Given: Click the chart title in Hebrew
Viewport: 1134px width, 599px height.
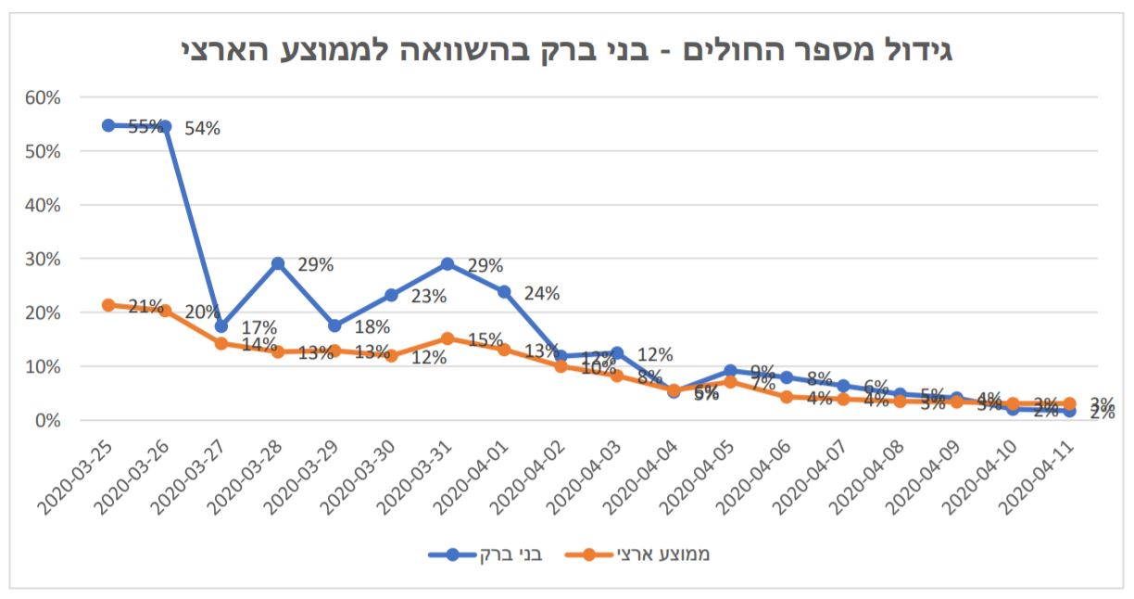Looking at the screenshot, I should tap(566, 47).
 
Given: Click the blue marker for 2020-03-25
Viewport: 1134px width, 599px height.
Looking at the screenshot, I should tap(108, 125).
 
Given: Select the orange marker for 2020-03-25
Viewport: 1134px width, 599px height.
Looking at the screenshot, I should tap(108, 305).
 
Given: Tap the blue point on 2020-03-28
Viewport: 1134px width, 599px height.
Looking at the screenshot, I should tap(277, 264).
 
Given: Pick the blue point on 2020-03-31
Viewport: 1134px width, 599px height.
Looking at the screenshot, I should tap(447, 264).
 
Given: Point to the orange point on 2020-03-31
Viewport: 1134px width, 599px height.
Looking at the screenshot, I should tap(447, 338).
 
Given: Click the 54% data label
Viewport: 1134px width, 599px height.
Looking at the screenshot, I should tap(202, 129).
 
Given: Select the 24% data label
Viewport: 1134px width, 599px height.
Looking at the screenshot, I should tap(542, 294).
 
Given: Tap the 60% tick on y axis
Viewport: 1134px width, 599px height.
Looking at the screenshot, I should tap(44, 97).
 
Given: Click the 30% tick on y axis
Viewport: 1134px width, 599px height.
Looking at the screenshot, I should tap(44, 259).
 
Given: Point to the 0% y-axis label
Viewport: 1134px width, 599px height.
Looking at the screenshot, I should tap(47, 420).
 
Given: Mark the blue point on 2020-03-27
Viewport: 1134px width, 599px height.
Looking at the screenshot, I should tap(221, 326).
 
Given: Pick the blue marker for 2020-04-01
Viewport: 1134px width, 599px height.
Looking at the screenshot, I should tap(504, 291).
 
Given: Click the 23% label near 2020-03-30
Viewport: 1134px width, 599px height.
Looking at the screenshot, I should tap(429, 297).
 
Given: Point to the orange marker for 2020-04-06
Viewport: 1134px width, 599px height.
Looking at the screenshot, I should tap(787, 397).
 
